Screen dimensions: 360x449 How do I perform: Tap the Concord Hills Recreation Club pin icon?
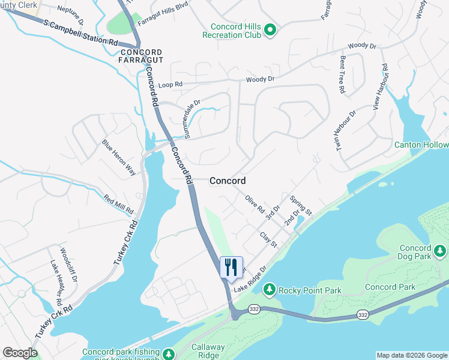click(270, 29)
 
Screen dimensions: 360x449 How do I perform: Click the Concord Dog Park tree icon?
click(440, 250)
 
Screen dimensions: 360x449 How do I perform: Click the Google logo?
click(20, 352)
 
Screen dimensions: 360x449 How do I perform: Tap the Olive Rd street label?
click(255, 204)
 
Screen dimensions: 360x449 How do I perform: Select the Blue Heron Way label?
click(119, 157)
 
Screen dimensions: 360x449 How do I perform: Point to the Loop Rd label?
click(170, 85)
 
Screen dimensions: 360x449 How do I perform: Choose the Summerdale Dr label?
click(195, 119)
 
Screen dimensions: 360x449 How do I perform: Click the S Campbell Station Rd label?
click(81, 33)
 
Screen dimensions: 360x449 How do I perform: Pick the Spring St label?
click(301, 205)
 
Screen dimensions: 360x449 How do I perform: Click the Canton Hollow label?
click(421, 145)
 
